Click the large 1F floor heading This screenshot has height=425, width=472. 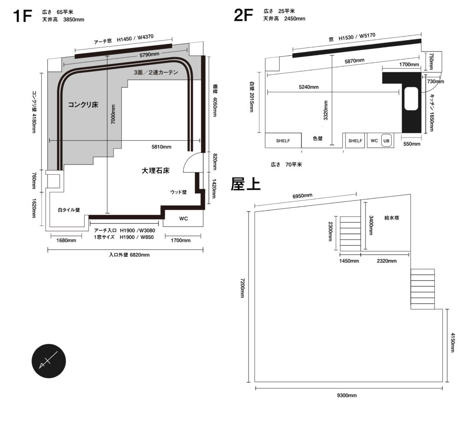(22, 16)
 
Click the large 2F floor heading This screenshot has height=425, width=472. (243, 15)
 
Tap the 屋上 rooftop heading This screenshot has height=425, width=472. (246, 184)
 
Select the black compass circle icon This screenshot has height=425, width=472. (49, 361)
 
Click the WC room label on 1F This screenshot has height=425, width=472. (183, 218)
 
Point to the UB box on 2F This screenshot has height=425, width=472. (387, 141)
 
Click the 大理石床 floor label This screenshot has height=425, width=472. (156, 171)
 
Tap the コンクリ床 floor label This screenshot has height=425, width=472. (83, 105)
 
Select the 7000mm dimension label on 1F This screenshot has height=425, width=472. (113, 114)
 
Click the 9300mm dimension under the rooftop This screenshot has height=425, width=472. (347, 395)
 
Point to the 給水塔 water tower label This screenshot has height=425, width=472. (392, 218)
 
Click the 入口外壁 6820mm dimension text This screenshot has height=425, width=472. (129, 255)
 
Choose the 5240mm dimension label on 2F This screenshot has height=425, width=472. (308, 87)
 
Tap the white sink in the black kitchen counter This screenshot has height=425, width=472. (411, 99)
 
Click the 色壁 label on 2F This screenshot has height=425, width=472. (318, 138)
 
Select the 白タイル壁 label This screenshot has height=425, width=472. (69, 210)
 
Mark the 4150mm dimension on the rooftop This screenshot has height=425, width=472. (453, 342)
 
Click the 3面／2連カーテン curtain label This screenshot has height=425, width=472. (156, 72)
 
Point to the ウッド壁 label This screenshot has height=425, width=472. (178, 192)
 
